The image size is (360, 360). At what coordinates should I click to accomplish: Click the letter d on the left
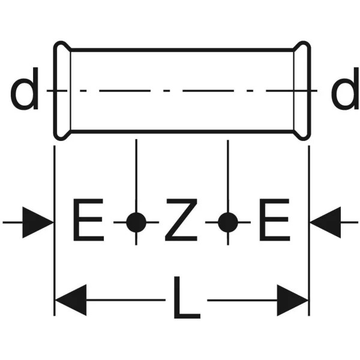click(x=25, y=89)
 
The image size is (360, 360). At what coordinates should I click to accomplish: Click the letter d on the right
click(x=346, y=89)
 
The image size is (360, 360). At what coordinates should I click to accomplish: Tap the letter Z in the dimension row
click(x=181, y=220)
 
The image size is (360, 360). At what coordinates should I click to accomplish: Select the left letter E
click(x=88, y=220)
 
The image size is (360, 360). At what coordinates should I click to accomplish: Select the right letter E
click(x=274, y=220)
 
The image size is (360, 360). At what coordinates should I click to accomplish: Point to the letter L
click(x=187, y=298)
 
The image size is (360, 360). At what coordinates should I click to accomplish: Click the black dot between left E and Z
click(x=136, y=222)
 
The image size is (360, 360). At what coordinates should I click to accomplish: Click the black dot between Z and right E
click(x=228, y=222)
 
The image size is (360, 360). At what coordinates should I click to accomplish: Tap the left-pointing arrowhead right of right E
click(x=325, y=222)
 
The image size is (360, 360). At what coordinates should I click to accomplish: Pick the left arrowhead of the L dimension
click(x=71, y=300)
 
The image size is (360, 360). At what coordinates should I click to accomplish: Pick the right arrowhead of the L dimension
click(x=293, y=300)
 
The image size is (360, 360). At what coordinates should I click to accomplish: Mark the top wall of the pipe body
click(x=182, y=50)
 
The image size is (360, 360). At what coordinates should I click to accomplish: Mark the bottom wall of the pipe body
click(x=182, y=131)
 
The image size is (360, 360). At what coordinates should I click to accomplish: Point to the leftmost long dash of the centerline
click(x=125, y=91)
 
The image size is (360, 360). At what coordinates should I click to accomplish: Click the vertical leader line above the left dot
click(x=136, y=176)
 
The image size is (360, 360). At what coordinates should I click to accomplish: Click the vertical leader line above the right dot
click(x=228, y=176)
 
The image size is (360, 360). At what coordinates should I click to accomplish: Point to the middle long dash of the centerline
click(x=208, y=91)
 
